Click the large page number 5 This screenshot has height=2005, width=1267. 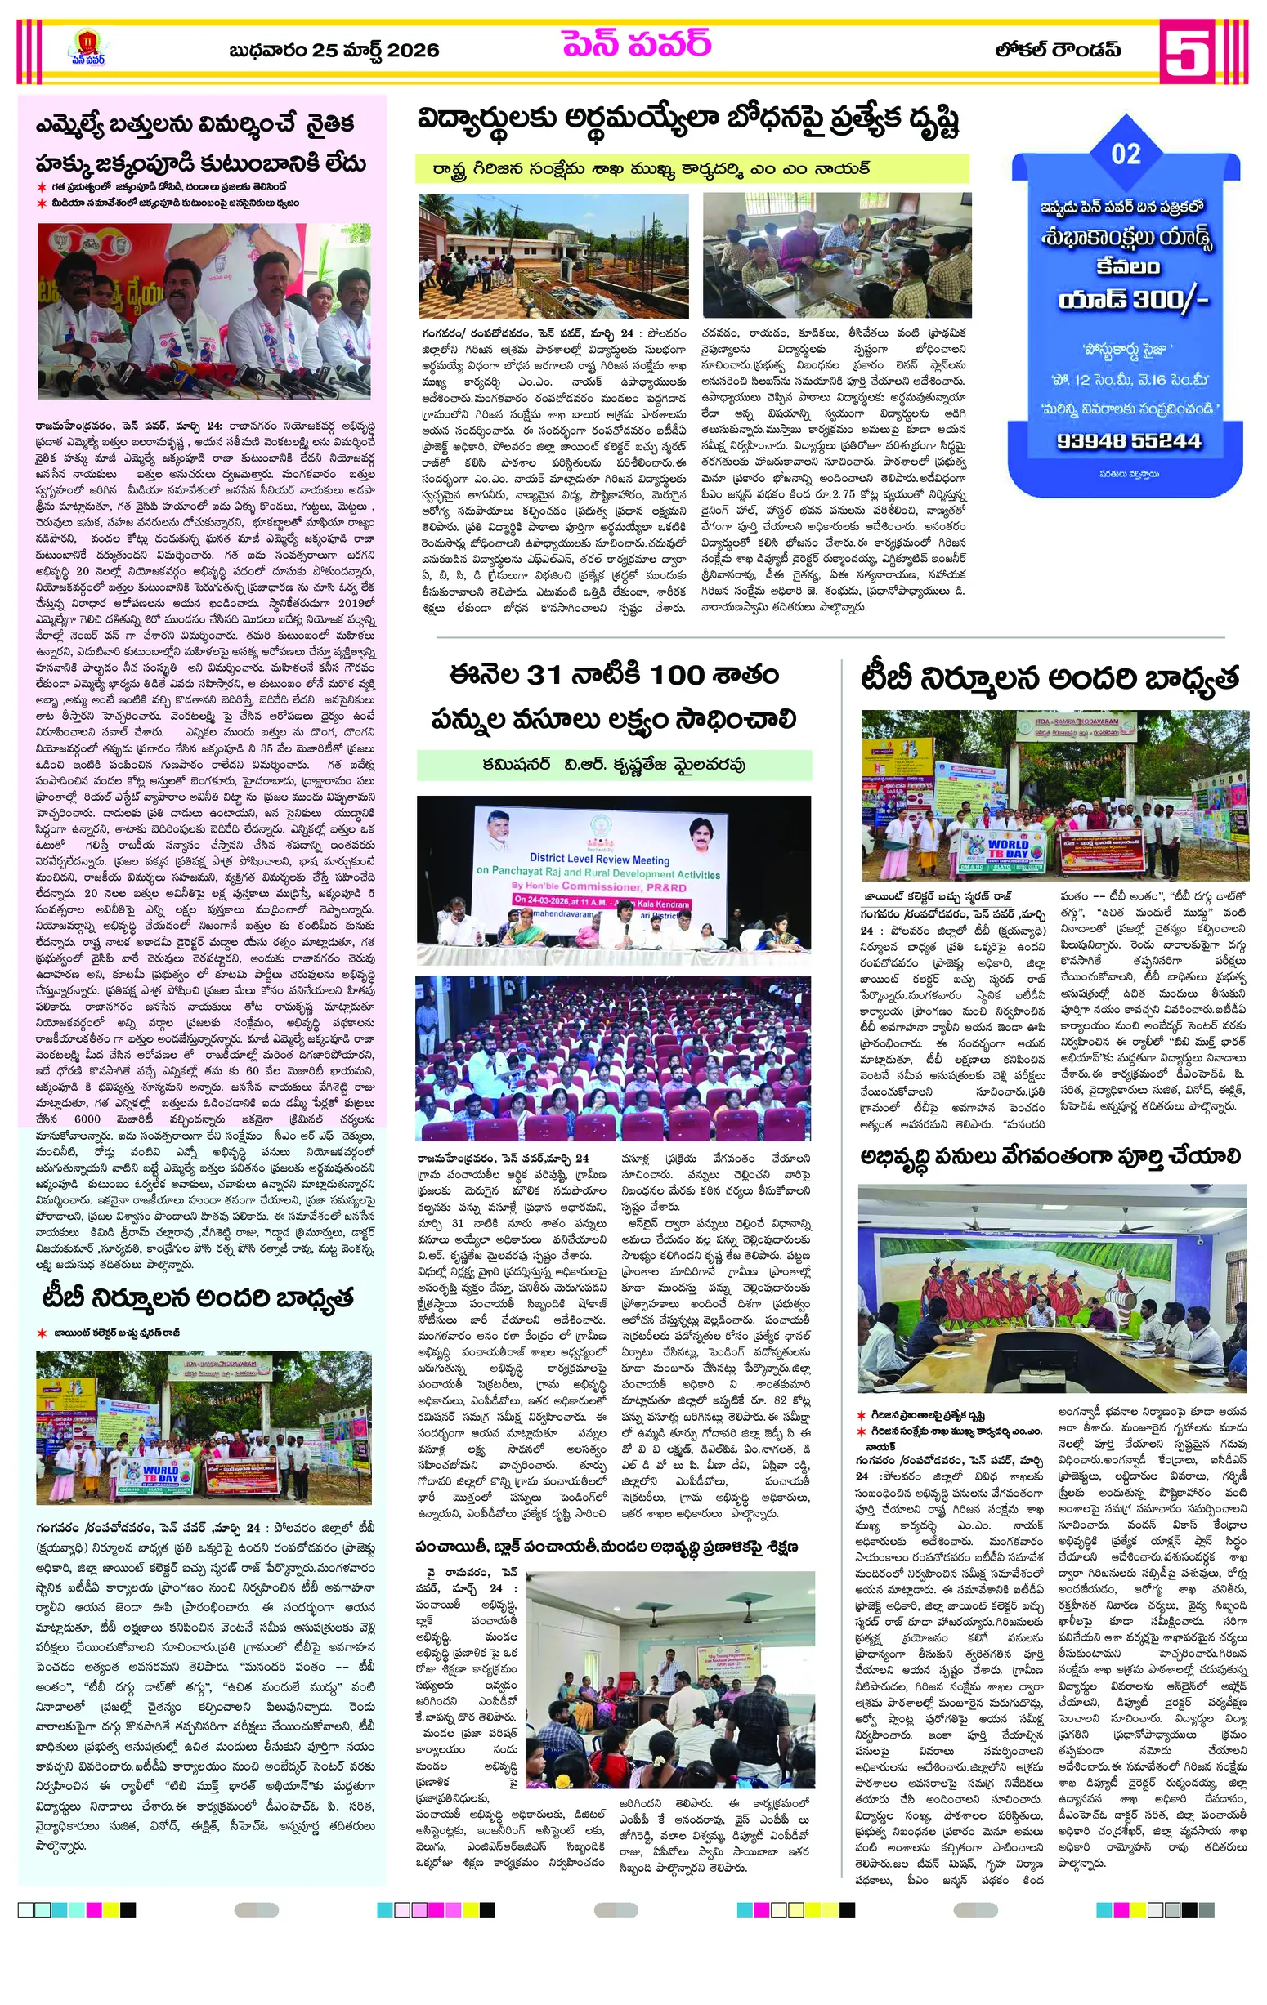pyautogui.click(x=1186, y=51)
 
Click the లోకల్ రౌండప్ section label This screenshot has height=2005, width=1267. pyautogui.click(x=1058, y=50)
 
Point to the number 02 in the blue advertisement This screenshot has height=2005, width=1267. pyautogui.click(x=1126, y=154)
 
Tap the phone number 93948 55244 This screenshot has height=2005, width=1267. pyautogui.click(x=1129, y=440)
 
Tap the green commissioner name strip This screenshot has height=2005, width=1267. pyautogui.click(x=614, y=765)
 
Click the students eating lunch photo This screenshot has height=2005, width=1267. pyautogui.click(x=836, y=255)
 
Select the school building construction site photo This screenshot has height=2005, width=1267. pyautogui.click(x=553, y=255)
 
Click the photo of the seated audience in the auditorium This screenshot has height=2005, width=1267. pyautogui.click(x=613, y=1059)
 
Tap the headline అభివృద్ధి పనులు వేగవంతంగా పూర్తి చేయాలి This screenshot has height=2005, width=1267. pyautogui.click(x=1050, y=1157)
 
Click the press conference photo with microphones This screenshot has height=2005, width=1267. pyautogui.click(x=204, y=310)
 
